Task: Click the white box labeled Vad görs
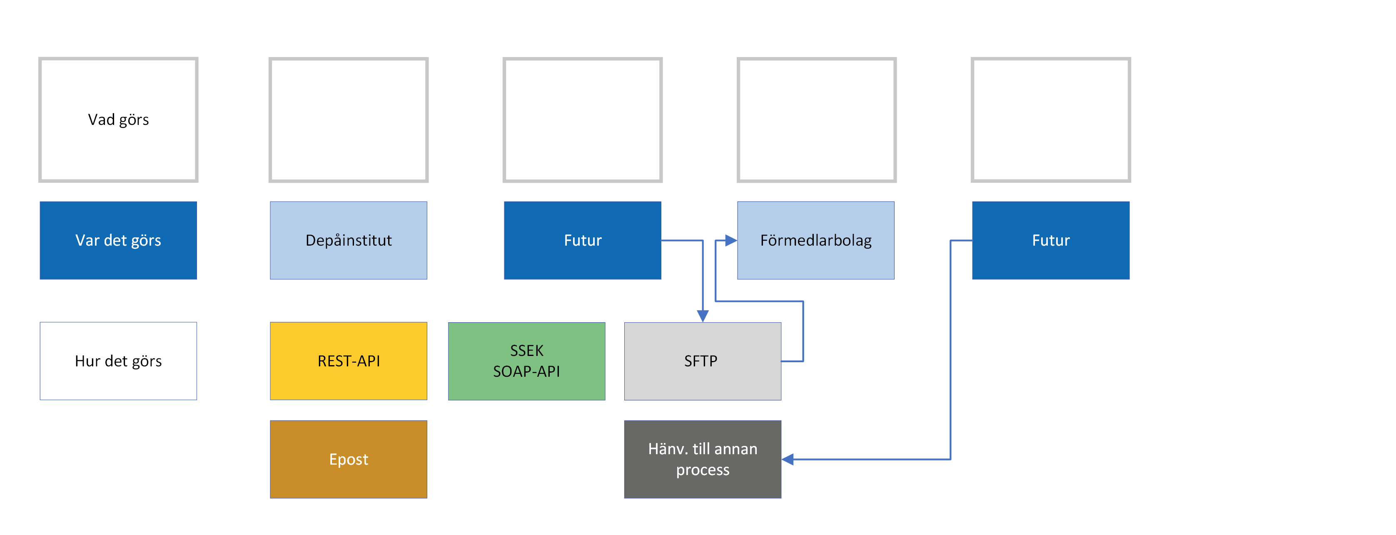(x=118, y=119)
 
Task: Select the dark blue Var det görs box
(x=118, y=240)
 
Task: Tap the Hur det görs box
(x=118, y=361)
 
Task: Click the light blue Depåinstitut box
(x=349, y=240)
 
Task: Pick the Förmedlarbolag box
(x=815, y=240)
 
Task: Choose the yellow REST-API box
(x=349, y=361)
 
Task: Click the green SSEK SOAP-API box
(x=526, y=361)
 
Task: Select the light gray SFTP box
(x=702, y=361)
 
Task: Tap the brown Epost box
(x=349, y=459)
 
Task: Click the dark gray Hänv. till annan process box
(x=702, y=459)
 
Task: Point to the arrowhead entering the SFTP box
(x=702, y=316)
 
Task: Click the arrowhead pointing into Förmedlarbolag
(x=731, y=240)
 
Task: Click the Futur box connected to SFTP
(x=583, y=240)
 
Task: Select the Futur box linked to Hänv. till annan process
(x=1050, y=240)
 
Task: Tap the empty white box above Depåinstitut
(x=349, y=119)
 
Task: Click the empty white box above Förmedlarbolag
(x=817, y=119)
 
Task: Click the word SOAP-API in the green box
(x=526, y=371)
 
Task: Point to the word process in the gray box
(x=702, y=470)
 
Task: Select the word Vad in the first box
(x=101, y=119)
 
